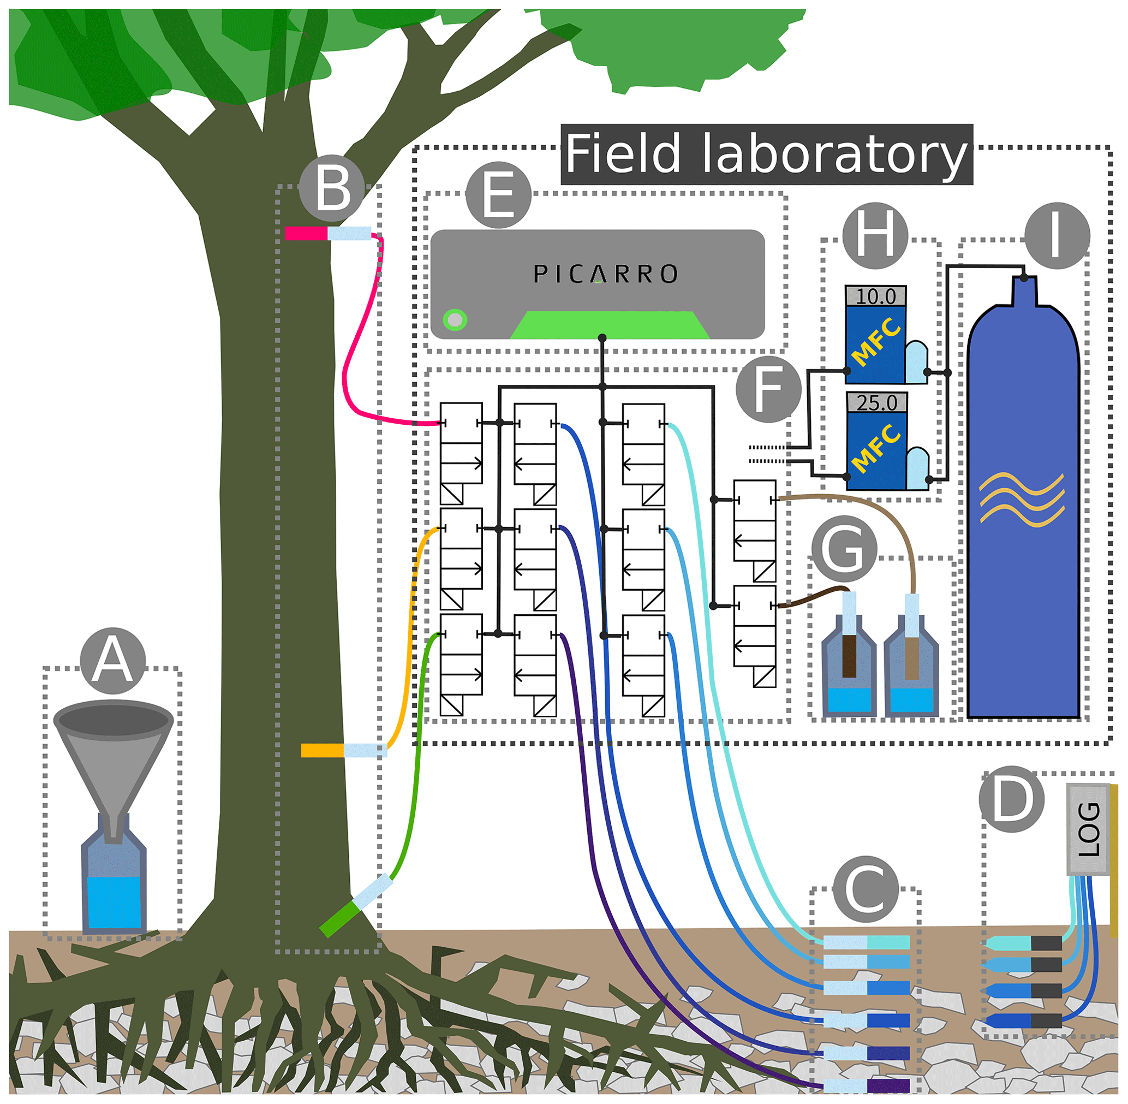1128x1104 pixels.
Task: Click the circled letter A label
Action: [113, 661]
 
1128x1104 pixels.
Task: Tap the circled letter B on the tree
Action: [332, 188]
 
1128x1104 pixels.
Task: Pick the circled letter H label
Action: [875, 235]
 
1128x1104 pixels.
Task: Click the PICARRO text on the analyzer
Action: [605, 274]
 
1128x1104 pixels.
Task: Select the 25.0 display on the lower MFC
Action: [876, 403]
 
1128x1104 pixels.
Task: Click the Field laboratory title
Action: [766, 154]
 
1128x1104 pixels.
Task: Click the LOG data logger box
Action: [1089, 829]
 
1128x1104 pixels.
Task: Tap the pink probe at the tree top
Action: [306, 233]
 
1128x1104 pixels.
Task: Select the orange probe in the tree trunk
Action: [323, 751]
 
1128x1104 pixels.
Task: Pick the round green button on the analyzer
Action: [455, 319]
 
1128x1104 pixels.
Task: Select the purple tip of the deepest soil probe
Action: [888, 1085]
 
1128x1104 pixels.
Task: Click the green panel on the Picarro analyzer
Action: [610, 325]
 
